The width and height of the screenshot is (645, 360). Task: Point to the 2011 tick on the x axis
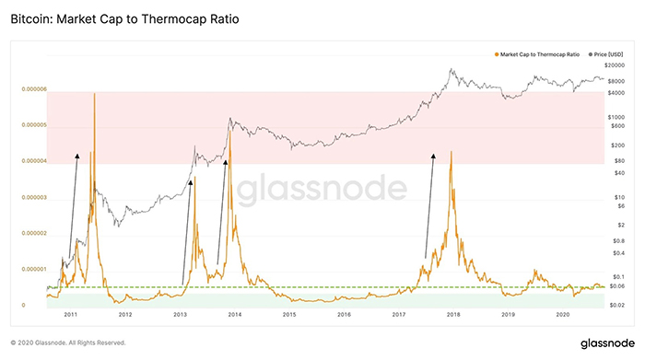coord(70,314)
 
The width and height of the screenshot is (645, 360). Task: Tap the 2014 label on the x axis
coord(234,314)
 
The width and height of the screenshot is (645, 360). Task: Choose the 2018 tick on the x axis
coord(452,314)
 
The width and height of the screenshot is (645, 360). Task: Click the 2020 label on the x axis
coord(562,314)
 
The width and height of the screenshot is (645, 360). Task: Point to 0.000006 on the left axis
coord(34,89)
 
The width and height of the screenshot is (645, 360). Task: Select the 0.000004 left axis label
coord(34,161)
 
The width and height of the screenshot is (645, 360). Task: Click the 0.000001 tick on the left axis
coord(34,269)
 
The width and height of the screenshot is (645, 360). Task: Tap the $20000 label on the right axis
coord(616,66)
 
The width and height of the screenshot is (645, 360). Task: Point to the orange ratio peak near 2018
coord(451,152)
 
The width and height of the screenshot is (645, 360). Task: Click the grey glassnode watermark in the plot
coord(322,191)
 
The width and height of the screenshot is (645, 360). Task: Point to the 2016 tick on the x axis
coord(344,314)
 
